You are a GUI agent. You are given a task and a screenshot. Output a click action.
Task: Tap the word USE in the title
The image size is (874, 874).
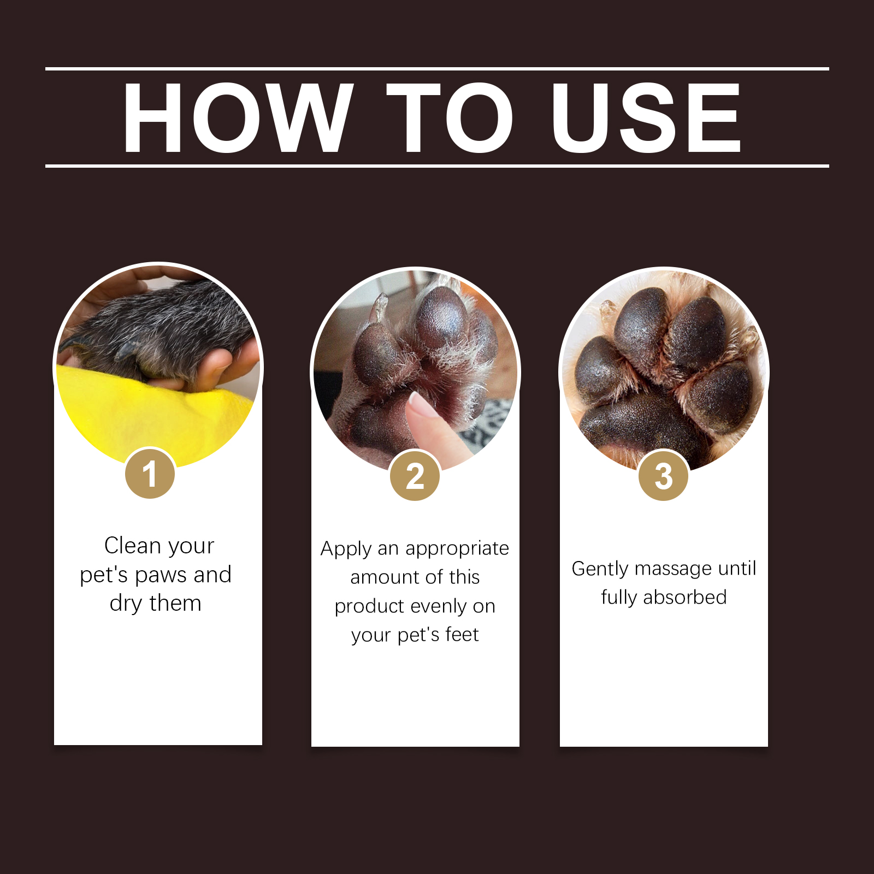(646, 117)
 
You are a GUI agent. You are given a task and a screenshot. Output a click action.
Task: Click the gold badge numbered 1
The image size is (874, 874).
(150, 473)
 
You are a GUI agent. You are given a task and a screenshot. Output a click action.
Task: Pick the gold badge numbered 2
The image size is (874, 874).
(415, 476)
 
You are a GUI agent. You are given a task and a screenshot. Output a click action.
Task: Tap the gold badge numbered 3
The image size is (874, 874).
(664, 476)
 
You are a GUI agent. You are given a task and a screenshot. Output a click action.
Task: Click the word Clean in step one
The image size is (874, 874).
(132, 545)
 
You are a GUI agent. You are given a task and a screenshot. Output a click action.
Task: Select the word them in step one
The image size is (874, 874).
(175, 603)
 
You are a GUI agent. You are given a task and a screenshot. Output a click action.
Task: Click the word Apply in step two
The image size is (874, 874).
(346, 549)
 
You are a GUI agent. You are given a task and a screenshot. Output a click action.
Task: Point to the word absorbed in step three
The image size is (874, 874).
(685, 597)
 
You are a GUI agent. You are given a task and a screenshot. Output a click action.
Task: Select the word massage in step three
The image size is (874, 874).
(674, 569)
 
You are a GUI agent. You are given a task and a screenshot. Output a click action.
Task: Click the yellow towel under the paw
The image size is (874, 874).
(153, 415)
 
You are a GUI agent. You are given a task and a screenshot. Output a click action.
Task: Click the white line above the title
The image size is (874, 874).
(437, 69)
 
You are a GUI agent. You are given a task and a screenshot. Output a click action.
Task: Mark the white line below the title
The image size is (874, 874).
(437, 166)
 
